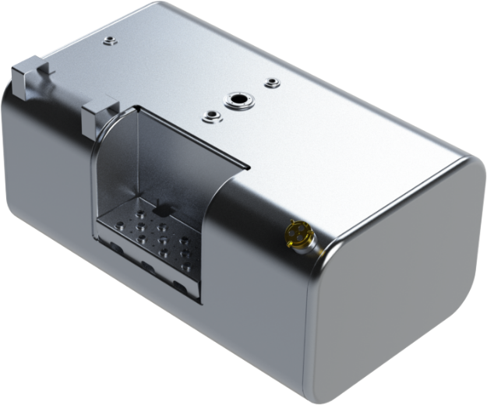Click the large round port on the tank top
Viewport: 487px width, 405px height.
(235, 100)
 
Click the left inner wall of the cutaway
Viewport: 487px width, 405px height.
(113, 171)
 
